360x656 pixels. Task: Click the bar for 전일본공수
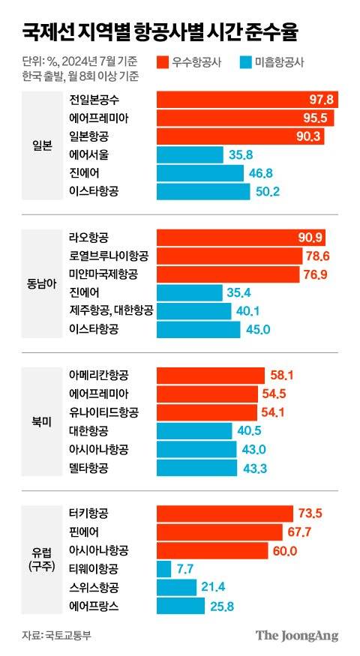[248, 99]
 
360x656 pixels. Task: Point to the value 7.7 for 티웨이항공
[186, 568]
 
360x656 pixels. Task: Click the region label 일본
[42, 145]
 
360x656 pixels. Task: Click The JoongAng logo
[297, 636]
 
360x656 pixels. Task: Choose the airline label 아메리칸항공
[98, 374]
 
